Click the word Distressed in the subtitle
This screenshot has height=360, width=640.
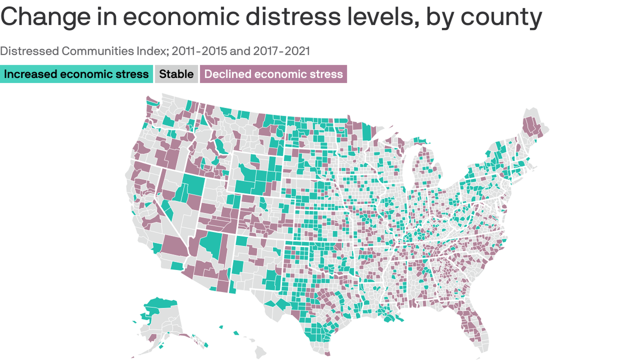point(29,51)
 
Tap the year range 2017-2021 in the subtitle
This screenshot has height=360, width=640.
point(281,51)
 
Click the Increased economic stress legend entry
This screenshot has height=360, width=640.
point(76,74)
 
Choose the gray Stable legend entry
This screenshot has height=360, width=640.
point(176,74)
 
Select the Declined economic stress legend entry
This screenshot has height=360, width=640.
point(273,74)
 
